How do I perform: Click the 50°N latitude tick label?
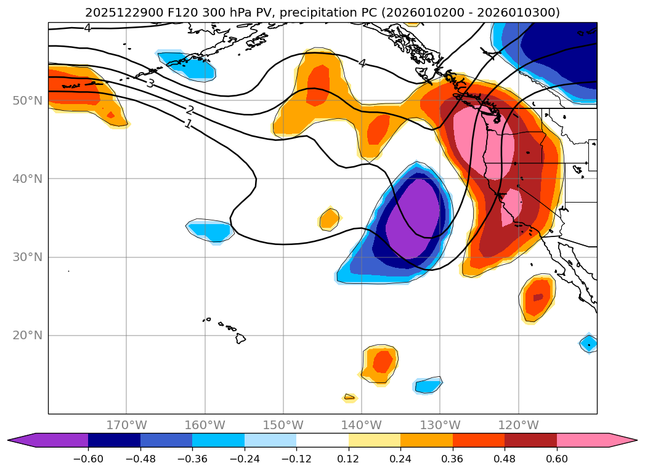[x=27, y=100]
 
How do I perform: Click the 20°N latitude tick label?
[x=27, y=336]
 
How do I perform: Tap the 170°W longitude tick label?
[x=126, y=425]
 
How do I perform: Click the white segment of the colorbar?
[x=322, y=440]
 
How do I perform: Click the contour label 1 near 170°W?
[x=188, y=124]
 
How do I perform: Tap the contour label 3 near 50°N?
[x=150, y=83]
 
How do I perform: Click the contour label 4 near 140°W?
[x=362, y=63]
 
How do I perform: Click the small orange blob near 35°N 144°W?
[x=330, y=219]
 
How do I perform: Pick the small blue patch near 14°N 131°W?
[x=428, y=385]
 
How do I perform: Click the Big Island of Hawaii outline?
[x=240, y=338]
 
